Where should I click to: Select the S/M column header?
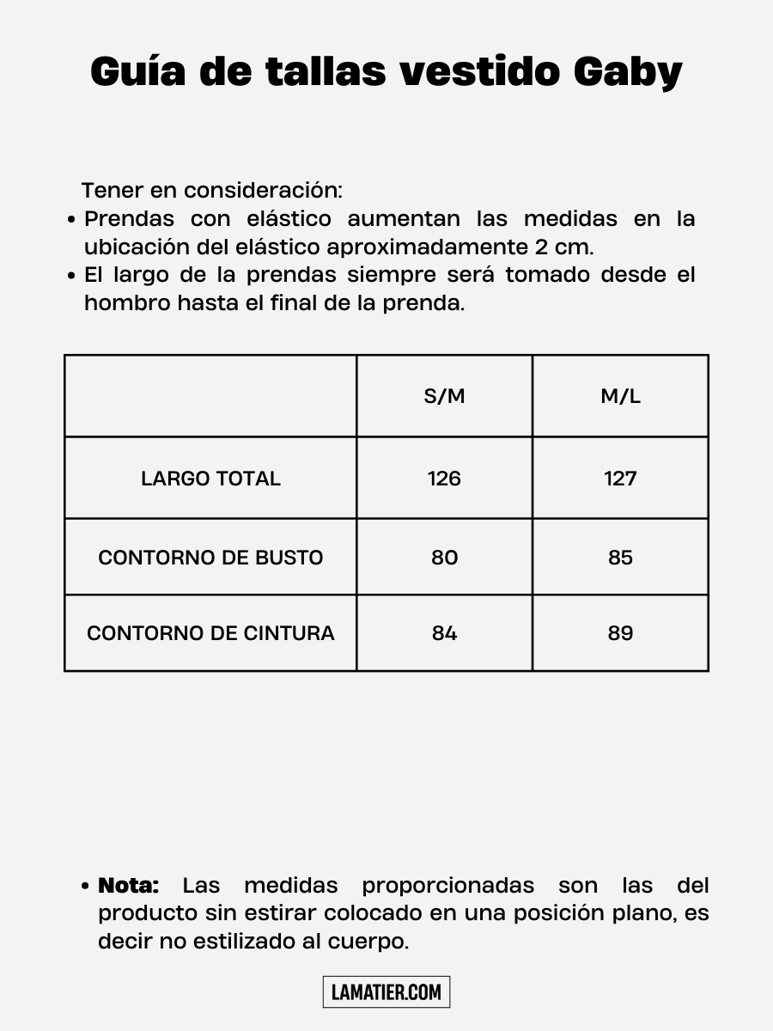click(444, 396)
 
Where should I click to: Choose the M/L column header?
click(620, 396)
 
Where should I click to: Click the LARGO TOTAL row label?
click(210, 479)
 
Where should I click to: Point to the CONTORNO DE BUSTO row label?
click(210, 558)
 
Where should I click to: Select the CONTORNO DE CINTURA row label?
click(210, 633)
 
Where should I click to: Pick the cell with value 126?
click(444, 479)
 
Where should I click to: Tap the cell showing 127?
click(620, 479)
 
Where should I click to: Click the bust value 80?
click(444, 558)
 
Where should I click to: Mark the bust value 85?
click(620, 558)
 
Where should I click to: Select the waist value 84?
click(444, 633)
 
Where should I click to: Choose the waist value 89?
click(620, 633)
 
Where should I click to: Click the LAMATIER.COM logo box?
click(386, 992)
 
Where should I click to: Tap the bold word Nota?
click(129, 885)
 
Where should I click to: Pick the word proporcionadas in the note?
click(447, 885)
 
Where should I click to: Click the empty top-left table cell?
click(210, 396)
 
